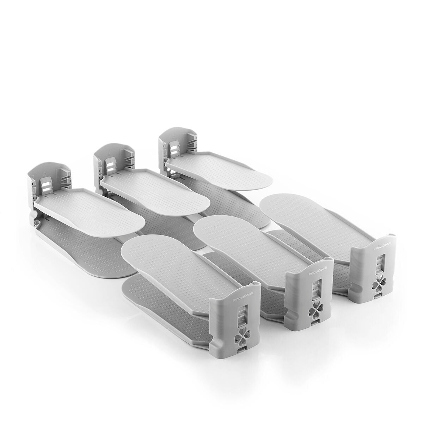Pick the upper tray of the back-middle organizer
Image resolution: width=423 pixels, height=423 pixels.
click(x=159, y=186)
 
